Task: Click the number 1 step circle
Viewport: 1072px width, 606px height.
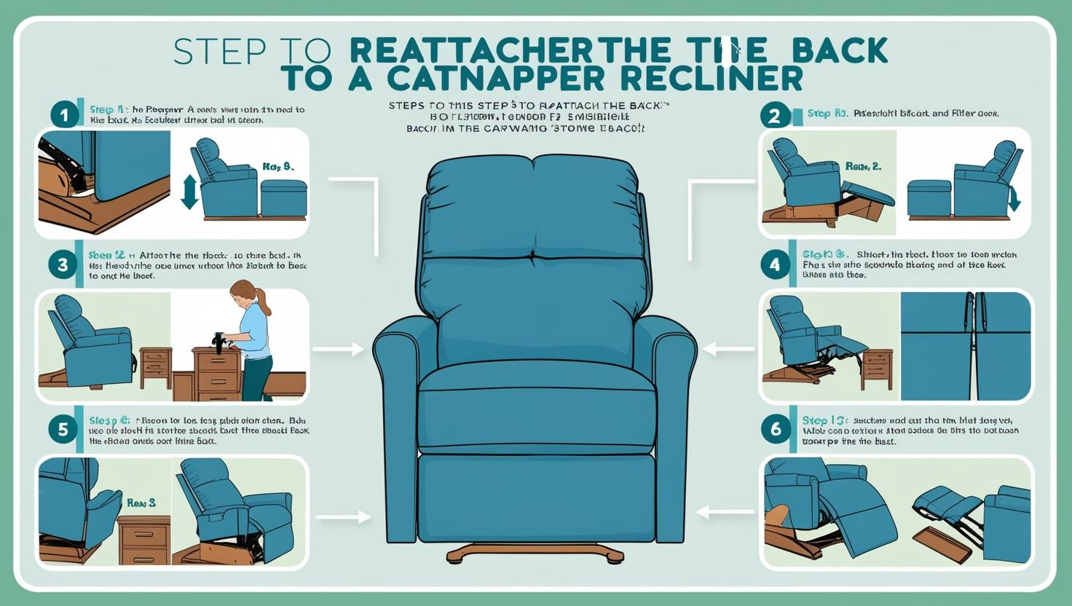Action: click(x=64, y=115)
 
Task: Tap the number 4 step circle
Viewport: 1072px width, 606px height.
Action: click(x=774, y=265)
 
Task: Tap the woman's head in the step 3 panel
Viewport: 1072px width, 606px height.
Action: click(x=243, y=294)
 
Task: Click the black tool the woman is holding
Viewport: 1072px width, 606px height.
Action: click(x=218, y=341)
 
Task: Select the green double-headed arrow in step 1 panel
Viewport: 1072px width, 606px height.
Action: click(x=189, y=191)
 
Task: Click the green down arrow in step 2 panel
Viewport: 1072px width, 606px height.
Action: click(x=1014, y=197)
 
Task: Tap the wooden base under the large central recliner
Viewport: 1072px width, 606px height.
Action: click(x=535, y=553)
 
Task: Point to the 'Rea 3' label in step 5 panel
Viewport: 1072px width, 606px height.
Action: click(x=141, y=503)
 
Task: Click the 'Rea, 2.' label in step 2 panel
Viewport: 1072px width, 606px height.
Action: click(x=863, y=167)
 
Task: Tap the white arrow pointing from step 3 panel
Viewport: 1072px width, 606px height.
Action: click(x=338, y=350)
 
